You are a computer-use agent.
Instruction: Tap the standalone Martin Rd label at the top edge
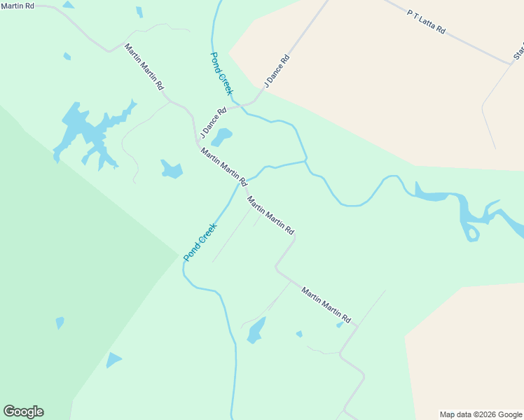click(17, 6)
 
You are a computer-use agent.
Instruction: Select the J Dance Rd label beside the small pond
click(214, 121)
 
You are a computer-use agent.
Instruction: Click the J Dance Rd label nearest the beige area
click(276, 72)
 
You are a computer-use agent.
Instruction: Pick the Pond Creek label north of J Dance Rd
click(221, 73)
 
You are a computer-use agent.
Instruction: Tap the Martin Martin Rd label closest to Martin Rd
click(144, 67)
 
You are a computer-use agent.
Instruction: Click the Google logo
click(23, 412)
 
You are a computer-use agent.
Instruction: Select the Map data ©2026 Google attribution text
click(481, 414)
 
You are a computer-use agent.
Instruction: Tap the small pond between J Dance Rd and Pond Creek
click(221, 136)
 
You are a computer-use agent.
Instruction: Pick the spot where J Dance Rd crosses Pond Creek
click(240, 103)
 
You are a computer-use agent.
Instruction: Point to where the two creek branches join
click(306, 162)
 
